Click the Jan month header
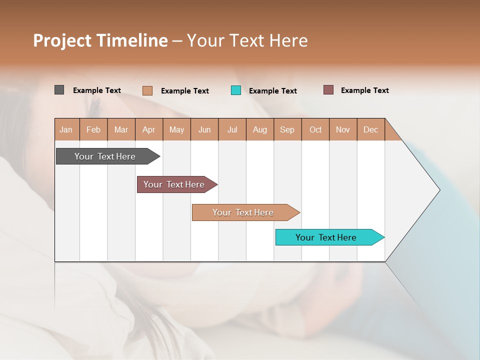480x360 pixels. tap(66, 129)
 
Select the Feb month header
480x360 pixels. tap(93, 129)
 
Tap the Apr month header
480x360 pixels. tap(148, 129)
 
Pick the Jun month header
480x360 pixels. tap(204, 129)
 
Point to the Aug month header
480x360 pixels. tap(259, 129)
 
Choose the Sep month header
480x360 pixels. tap(287, 129)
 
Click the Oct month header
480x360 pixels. tap(315, 129)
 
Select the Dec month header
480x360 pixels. tap(370, 129)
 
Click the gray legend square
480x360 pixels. tap(59, 90)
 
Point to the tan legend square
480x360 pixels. tap(147, 90)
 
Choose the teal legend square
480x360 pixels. tap(236, 90)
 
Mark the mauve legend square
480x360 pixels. tap(328, 90)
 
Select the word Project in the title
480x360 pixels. tap(61, 40)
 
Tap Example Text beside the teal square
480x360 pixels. tap(272, 91)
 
